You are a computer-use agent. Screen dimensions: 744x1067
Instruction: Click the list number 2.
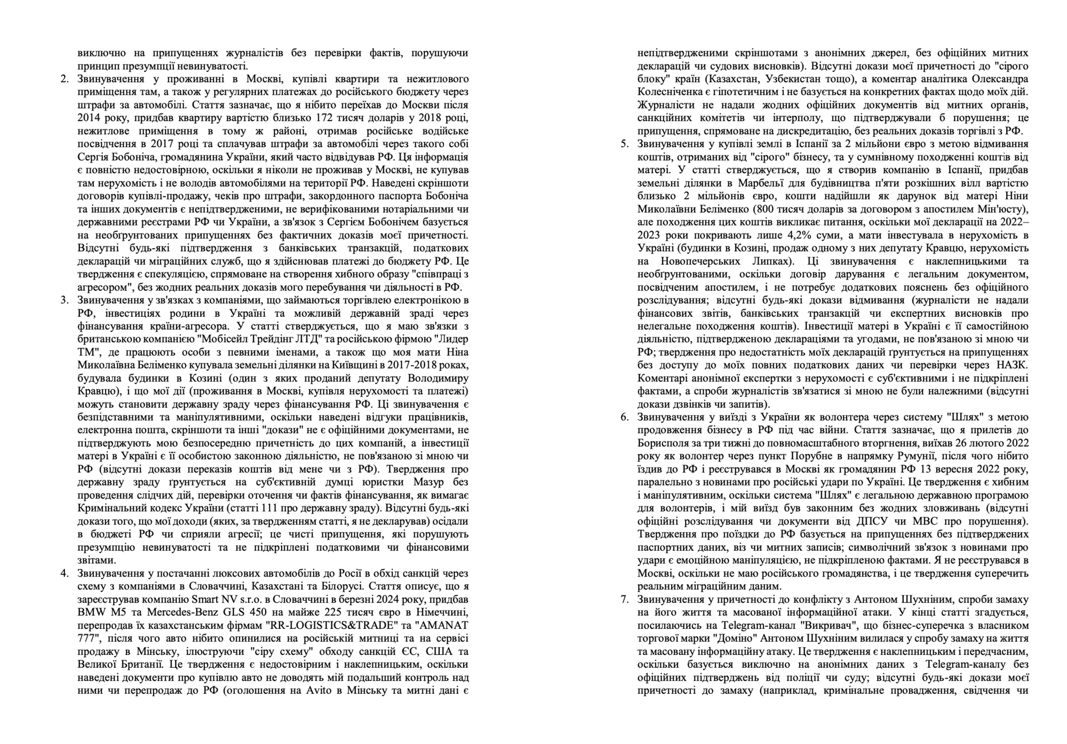64,79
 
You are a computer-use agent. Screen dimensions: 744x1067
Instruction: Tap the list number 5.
624,144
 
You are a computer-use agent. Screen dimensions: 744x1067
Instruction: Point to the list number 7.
624,599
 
